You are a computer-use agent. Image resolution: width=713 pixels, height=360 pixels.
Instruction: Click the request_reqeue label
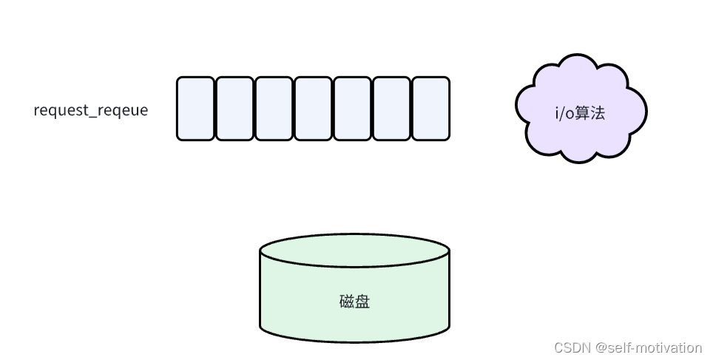[91, 111]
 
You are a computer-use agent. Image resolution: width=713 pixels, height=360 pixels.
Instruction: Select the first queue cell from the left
[195, 108]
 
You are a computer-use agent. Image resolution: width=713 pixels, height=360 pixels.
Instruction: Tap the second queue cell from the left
[234, 108]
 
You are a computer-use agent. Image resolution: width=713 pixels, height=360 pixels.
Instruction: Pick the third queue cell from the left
[274, 108]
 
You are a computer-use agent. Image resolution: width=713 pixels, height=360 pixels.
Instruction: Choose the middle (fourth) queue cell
[313, 108]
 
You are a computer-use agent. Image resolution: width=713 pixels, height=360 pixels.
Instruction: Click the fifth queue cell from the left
[352, 108]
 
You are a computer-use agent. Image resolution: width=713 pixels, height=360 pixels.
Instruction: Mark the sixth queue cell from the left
[391, 108]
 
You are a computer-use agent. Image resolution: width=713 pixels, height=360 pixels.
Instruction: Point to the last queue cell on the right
[430, 108]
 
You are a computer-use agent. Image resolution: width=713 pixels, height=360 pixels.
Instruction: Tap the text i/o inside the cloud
[564, 114]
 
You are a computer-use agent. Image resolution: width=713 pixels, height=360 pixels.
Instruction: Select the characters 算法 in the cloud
[590, 114]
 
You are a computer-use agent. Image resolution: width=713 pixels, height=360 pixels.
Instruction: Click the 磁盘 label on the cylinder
[354, 302]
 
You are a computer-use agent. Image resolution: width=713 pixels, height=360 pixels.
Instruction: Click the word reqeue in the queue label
[124, 111]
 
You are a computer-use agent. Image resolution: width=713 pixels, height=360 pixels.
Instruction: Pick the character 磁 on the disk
[347, 302]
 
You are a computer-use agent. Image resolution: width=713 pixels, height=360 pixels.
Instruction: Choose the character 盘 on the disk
[362, 302]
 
